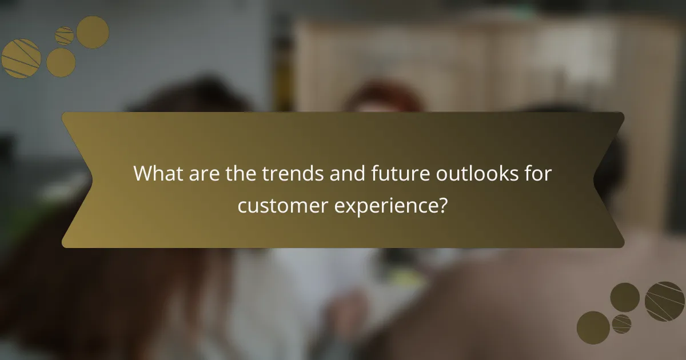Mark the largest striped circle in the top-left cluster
coord(21,58)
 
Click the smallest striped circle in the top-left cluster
coord(65,36)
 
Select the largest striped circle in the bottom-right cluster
coord(665,301)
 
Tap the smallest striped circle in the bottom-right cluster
coord(621,323)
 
